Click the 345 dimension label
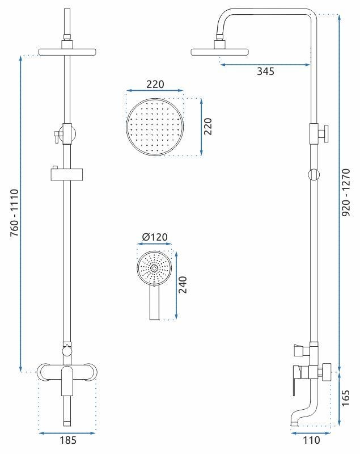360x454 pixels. coord(265,72)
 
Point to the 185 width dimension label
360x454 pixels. coord(67,439)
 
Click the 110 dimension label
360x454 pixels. coord(311,439)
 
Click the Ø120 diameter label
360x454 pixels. coord(155,237)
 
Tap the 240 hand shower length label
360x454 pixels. coord(183,284)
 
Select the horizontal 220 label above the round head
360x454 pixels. coord(155,85)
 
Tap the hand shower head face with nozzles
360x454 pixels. coord(154,267)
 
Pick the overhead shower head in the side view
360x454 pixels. coord(220,52)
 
